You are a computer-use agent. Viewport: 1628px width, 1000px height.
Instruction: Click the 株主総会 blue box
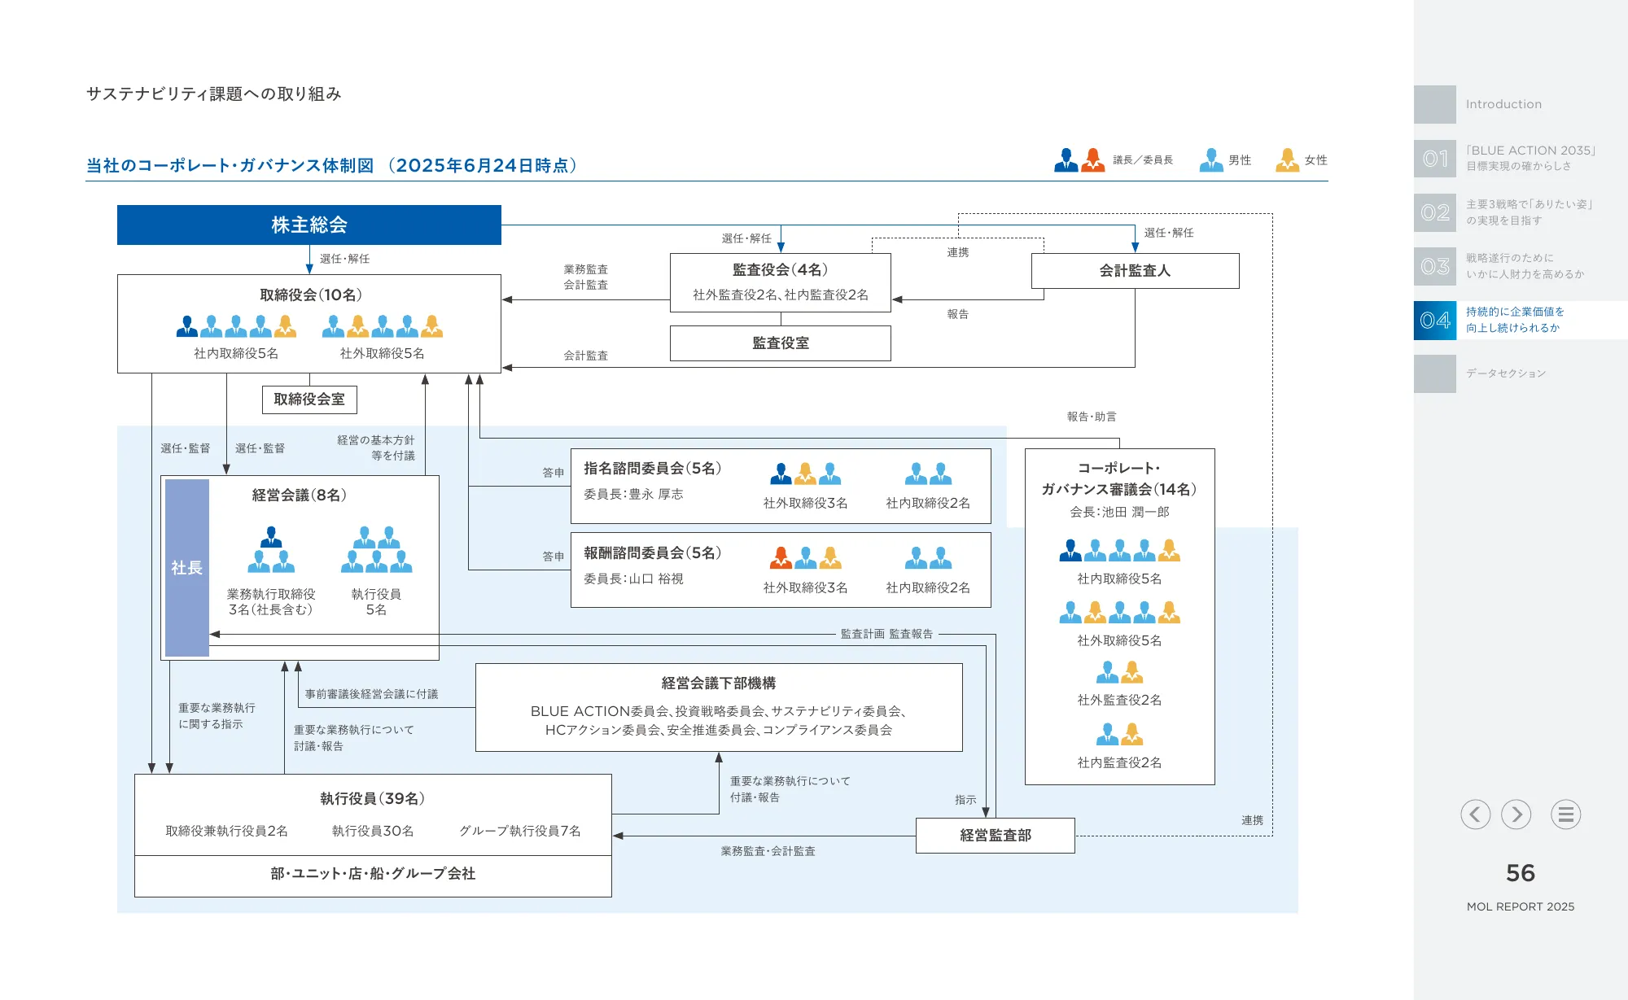[309, 225]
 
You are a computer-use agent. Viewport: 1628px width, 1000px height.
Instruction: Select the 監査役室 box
[780, 343]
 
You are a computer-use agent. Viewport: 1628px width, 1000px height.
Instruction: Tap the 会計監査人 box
[1135, 271]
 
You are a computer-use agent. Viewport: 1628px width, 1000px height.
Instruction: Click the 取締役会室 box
[309, 400]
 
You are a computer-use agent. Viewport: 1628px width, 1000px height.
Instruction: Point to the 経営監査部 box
[995, 836]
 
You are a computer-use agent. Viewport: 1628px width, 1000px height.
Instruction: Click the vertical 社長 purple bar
[187, 568]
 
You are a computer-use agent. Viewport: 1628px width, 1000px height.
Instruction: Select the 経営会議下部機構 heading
[718, 683]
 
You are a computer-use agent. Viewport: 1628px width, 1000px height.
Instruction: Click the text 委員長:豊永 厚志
[633, 495]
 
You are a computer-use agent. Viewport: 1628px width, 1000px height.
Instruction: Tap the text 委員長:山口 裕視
[633, 579]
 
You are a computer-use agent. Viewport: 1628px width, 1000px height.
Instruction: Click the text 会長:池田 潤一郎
[1119, 513]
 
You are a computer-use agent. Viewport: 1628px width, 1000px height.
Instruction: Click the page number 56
[1520, 873]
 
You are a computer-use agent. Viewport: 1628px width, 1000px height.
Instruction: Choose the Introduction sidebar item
[1503, 104]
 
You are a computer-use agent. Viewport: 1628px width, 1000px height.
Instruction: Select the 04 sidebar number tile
[1435, 321]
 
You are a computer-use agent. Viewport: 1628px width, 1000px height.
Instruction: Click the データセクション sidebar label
[1505, 373]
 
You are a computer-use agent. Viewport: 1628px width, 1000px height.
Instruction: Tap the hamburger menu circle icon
[1565, 814]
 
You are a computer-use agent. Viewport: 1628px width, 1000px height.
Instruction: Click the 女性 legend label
[1315, 160]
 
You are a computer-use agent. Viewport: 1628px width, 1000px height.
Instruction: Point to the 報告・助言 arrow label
[1092, 417]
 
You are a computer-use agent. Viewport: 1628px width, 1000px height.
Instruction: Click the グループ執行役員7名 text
[519, 831]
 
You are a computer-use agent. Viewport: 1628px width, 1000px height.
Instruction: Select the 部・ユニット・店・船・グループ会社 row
[373, 874]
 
